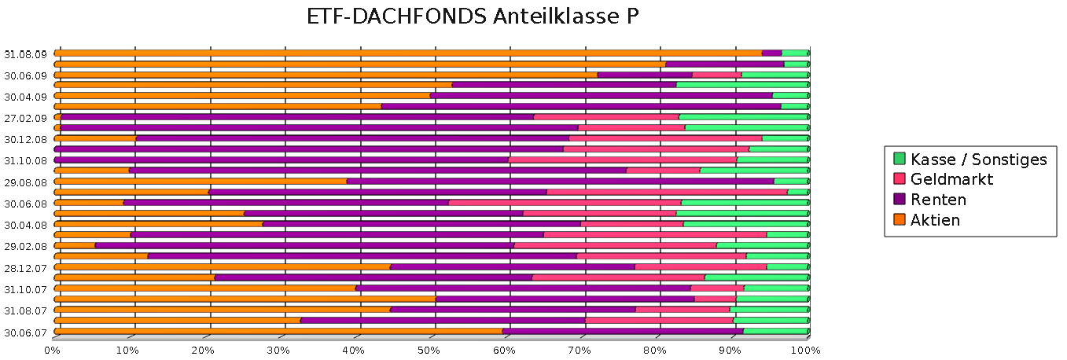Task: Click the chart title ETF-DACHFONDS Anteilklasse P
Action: coord(472,17)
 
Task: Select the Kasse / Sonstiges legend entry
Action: coord(978,160)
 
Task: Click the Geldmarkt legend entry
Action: coord(951,179)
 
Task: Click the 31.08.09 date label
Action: coord(25,54)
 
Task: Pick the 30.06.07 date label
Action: coord(25,332)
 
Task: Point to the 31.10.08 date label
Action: coord(25,160)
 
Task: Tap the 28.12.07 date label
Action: coord(25,268)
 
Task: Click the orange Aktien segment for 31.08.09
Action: coord(409,53)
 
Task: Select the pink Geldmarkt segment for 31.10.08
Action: coord(623,160)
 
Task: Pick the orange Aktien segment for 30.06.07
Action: coord(279,331)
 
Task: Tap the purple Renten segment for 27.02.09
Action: coord(297,117)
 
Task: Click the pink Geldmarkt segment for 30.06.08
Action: coord(565,203)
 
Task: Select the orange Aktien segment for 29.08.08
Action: coord(201,181)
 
